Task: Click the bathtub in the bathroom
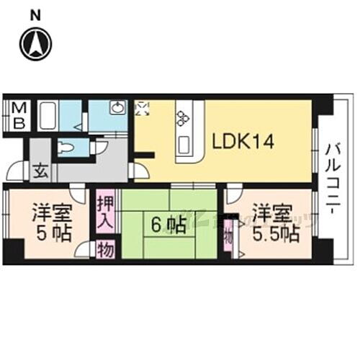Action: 49,114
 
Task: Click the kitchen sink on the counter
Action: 183,145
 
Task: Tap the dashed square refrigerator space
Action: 143,109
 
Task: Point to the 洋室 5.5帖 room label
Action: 274,223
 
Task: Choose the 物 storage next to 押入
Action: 104,250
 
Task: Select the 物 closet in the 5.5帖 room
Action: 228,235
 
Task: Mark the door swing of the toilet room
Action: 100,148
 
